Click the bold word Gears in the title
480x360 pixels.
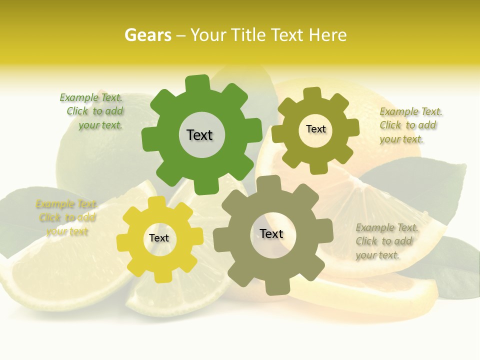pyautogui.click(x=147, y=35)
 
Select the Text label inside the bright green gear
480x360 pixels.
pyautogui.click(x=199, y=135)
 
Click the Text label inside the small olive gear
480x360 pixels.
pyautogui.click(x=315, y=129)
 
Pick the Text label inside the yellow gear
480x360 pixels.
pyautogui.click(x=159, y=238)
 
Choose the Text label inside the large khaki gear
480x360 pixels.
pyautogui.click(x=271, y=233)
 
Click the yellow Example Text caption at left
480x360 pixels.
pyautogui.click(x=66, y=217)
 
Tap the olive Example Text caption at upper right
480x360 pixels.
pyautogui.click(x=410, y=125)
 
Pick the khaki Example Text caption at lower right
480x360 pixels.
pyautogui.click(x=386, y=241)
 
